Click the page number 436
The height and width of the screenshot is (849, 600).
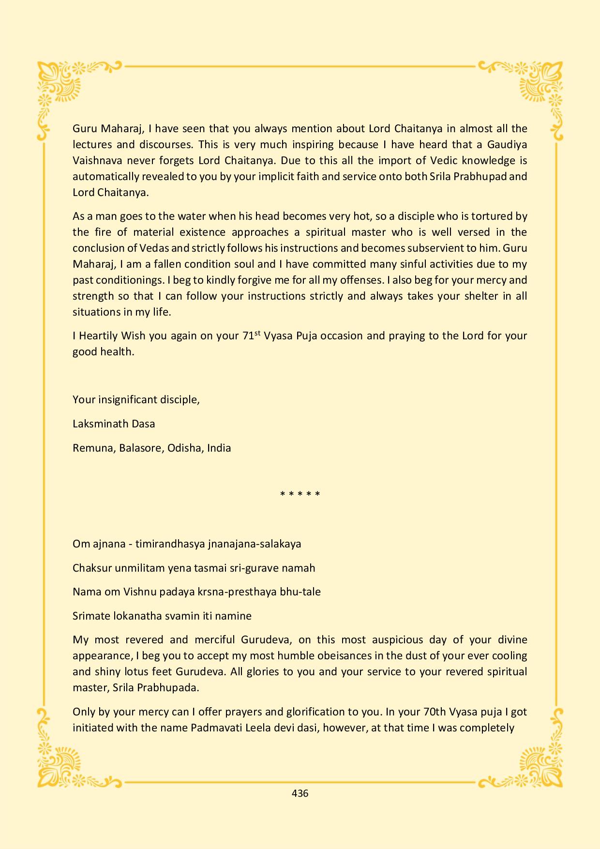coord(300,793)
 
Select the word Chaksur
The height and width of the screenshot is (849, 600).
coord(92,568)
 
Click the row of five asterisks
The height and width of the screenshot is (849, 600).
coord(300,494)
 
